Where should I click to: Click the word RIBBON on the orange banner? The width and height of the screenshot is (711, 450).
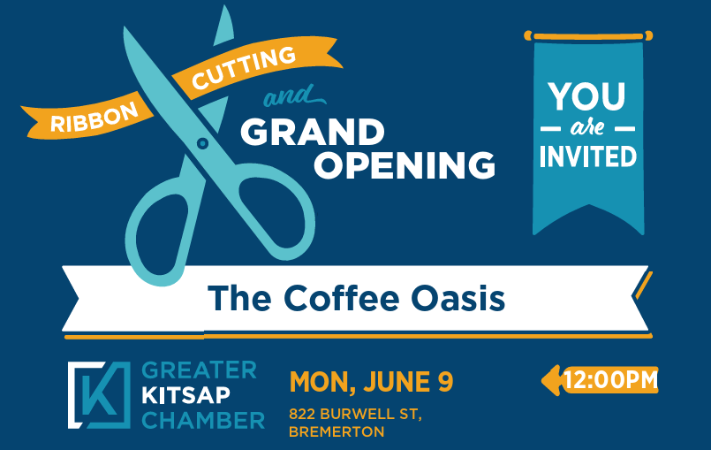coord(95,117)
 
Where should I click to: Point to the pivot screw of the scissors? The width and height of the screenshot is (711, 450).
coord(202,143)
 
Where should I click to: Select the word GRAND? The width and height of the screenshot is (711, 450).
coord(313,132)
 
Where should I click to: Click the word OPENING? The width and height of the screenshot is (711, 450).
coord(405,164)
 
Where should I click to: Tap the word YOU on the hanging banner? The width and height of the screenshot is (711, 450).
coord(587,96)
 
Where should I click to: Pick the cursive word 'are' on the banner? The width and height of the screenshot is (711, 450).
coord(587,128)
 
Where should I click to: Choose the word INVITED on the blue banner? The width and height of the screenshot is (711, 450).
coord(588,156)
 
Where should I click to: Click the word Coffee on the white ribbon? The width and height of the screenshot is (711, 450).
coord(342,298)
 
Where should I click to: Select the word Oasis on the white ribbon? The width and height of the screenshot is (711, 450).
coord(458,298)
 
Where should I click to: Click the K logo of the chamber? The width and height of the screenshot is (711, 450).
coord(99,395)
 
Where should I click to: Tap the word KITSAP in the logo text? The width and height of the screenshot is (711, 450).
coord(186,395)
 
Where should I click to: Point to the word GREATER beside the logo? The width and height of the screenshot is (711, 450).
coord(200,370)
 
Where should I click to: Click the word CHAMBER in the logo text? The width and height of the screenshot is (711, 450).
coord(203,421)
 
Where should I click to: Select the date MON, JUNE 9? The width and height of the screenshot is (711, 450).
coord(371,381)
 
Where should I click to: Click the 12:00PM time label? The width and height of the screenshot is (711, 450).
coord(610,380)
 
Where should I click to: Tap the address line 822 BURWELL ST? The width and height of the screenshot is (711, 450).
coord(355,414)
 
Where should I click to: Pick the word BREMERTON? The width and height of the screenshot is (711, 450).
coord(337,431)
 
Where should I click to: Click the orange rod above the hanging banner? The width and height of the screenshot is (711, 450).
coord(588,36)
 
